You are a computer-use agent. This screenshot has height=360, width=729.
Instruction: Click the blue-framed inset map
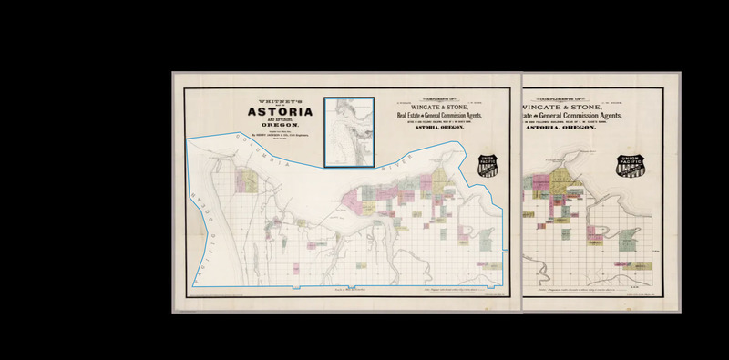tap(349, 131)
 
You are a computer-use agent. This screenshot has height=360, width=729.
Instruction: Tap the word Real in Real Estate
tap(405, 116)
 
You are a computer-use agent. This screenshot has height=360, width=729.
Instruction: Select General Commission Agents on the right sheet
tap(592, 116)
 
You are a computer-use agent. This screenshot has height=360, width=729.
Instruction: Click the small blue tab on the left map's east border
tap(506, 248)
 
